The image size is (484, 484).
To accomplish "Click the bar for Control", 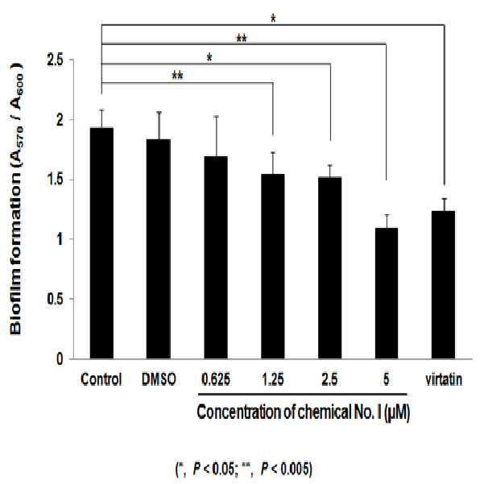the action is click(x=101, y=243).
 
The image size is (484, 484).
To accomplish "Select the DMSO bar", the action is click(x=159, y=249).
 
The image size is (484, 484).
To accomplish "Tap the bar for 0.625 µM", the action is click(x=216, y=258).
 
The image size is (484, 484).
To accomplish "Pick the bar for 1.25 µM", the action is click(x=273, y=267).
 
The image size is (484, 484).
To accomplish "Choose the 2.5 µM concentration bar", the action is click(x=330, y=268).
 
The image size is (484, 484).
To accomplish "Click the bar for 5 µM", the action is click(x=387, y=294).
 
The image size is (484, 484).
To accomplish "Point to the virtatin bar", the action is click(x=444, y=285).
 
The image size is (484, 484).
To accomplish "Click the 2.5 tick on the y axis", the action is click(x=55, y=60).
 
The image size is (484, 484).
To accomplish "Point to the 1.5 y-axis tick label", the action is click(x=56, y=180).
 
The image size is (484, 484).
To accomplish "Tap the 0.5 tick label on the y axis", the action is click(x=55, y=299).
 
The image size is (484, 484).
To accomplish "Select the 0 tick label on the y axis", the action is click(x=60, y=359).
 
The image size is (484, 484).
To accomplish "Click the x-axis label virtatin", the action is click(x=444, y=379).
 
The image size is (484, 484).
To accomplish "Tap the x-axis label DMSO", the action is click(x=159, y=379).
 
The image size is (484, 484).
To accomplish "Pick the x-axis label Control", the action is click(x=101, y=379).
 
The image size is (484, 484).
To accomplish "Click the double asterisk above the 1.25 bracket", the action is click(x=177, y=76).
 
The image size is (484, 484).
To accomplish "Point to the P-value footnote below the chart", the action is click(x=244, y=470).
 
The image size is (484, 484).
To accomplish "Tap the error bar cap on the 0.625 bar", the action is click(x=216, y=117).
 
